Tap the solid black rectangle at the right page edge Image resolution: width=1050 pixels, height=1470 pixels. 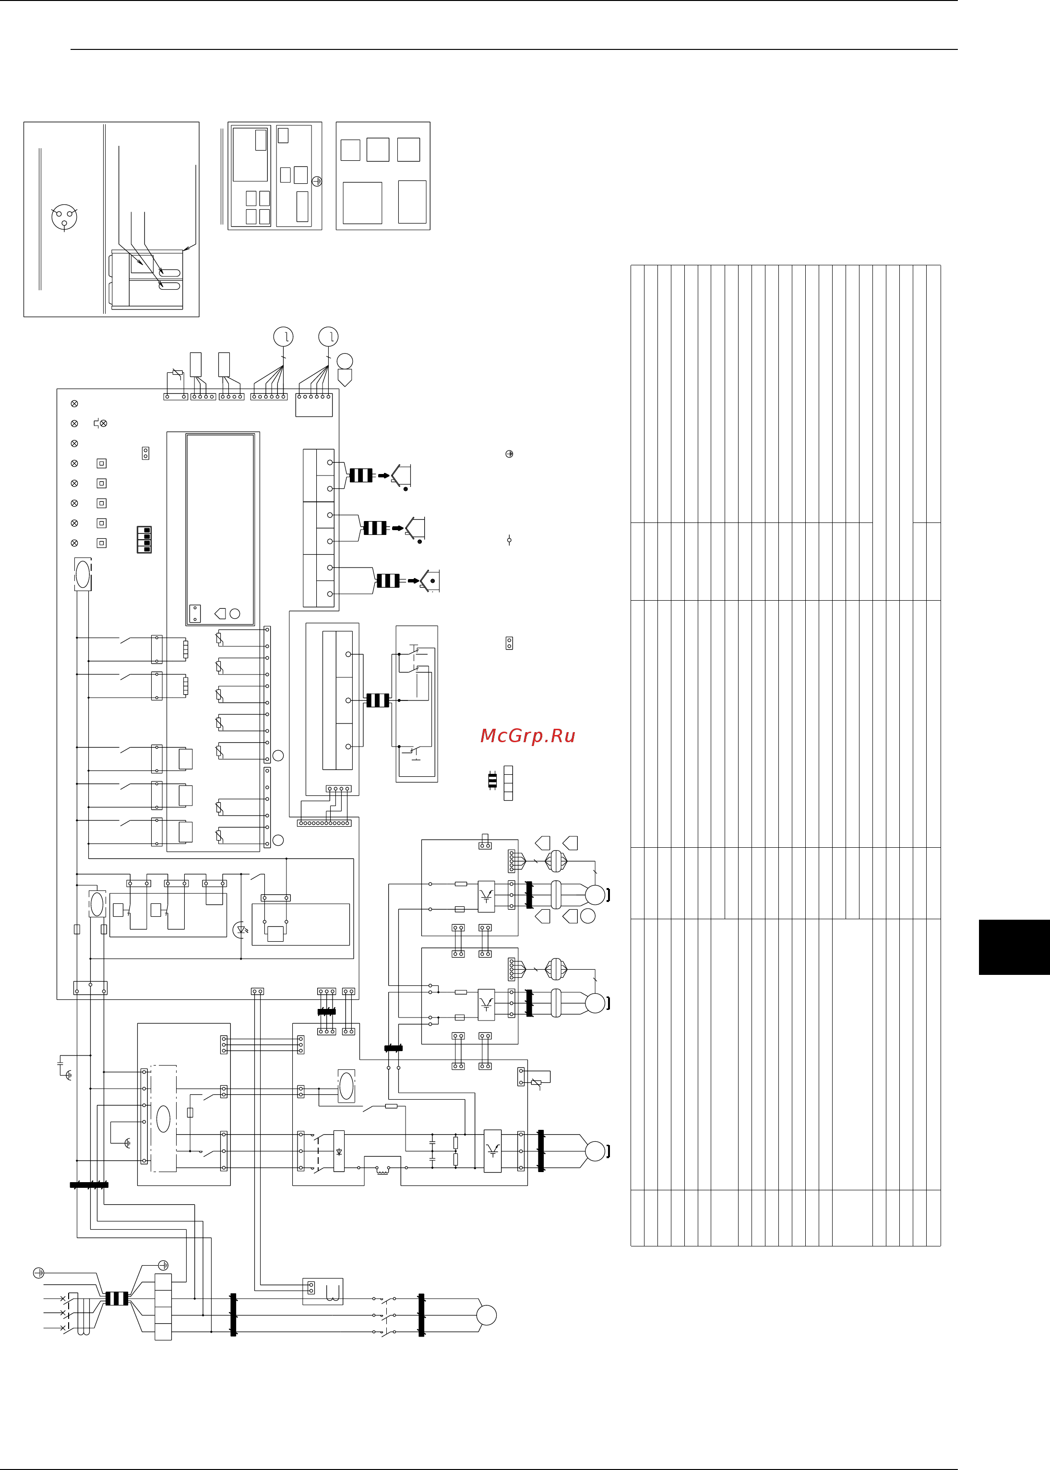1014,947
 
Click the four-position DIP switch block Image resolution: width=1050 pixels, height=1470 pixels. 144,540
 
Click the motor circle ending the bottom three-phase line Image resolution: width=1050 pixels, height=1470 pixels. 486,1315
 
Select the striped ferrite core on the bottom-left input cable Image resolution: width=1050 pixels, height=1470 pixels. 117,1298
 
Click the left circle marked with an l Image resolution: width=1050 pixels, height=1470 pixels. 283,337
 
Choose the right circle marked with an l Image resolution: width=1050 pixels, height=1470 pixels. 328,337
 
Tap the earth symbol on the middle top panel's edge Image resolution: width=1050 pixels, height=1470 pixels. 317,182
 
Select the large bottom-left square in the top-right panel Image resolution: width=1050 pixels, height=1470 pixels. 362,203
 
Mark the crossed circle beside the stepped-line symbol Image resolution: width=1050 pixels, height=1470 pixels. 104,424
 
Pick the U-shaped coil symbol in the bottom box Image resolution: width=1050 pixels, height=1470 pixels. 333,1293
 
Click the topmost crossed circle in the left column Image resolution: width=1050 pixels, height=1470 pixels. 74,403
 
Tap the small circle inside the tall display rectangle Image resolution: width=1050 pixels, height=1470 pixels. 235,614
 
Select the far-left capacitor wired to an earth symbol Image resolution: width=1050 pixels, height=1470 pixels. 60,1063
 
